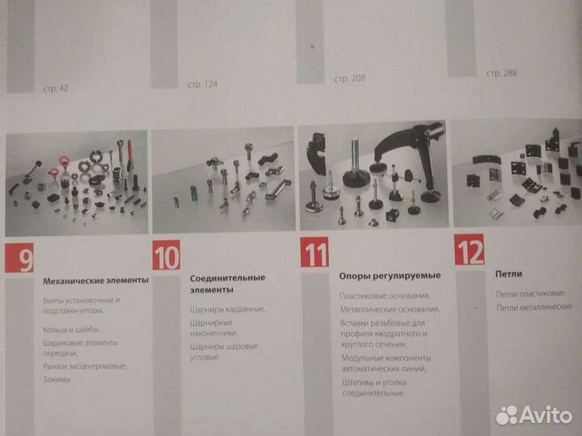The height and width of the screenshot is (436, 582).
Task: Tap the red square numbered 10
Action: (x=166, y=256)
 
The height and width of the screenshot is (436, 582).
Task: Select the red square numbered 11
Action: (x=314, y=254)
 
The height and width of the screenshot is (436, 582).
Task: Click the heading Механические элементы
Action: (x=95, y=281)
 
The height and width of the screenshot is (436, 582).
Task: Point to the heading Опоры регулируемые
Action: (x=377, y=277)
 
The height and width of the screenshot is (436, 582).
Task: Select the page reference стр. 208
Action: (x=351, y=79)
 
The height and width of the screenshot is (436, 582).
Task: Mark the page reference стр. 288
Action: (x=501, y=74)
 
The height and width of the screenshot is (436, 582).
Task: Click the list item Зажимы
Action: (x=57, y=379)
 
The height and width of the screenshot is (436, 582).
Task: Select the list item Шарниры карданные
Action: (x=228, y=308)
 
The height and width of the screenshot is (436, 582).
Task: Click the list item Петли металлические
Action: (x=533, y=307)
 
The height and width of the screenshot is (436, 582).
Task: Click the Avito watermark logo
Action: (x=533, y=414)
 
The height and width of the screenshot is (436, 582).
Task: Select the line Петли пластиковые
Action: (x=530, y=294)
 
